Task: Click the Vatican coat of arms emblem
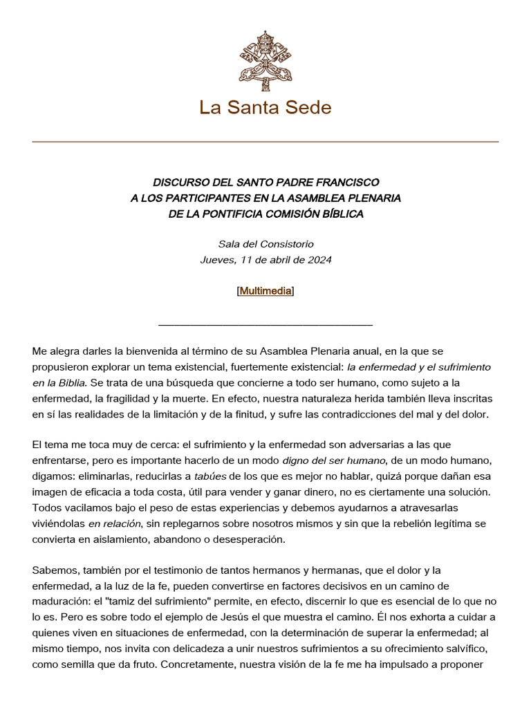[265, 61]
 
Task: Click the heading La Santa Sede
[265, 108]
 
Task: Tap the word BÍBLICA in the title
[339, 214]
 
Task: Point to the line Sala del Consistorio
[265, 244]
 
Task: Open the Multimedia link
[265, 291]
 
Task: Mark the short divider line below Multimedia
[265, 324]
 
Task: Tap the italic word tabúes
[209, 476]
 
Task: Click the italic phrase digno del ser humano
[333, 460]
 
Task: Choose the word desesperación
[245, 539]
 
